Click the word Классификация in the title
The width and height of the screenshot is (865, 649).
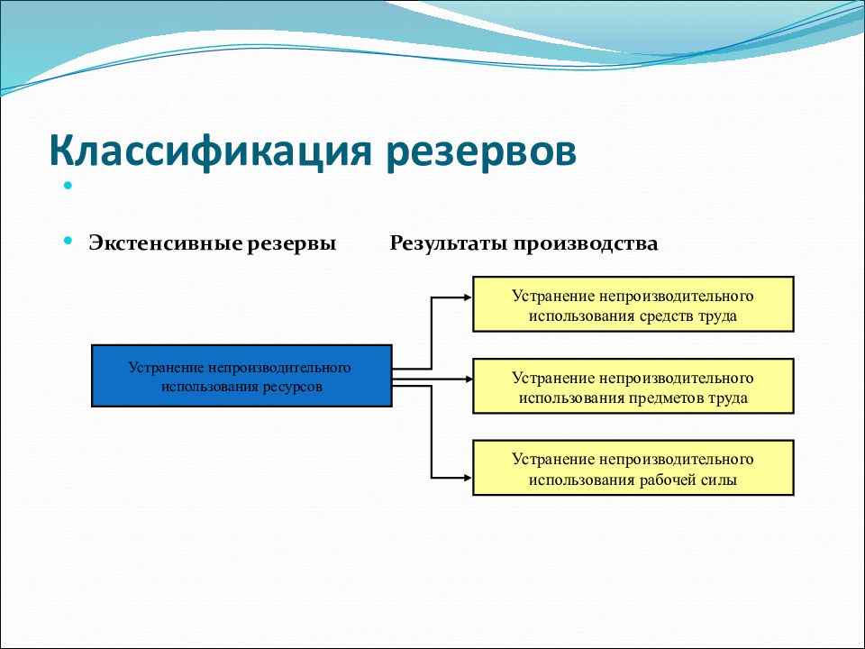[210, 151]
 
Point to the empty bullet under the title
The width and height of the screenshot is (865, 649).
[68, 186]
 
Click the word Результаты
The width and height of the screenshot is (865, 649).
[449, 243]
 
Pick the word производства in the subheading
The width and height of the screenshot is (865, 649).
[586, 244]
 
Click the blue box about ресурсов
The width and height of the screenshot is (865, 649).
[241, 376]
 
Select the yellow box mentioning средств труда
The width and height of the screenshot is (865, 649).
[633, 304]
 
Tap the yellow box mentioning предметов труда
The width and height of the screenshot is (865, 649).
[633, 386]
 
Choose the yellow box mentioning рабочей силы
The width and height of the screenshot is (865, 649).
[633, 468]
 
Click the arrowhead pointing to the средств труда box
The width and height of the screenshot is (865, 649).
[469, 297]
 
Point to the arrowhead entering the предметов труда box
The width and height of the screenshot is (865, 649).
[469, 379]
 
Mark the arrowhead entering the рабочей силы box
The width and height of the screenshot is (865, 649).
[469, 478]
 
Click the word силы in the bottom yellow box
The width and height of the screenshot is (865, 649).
[719, 480]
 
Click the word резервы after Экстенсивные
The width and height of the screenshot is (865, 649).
[291, 244]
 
